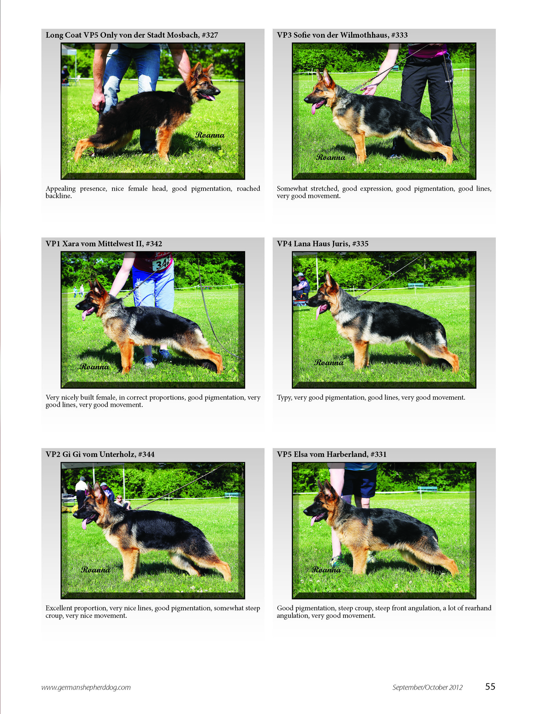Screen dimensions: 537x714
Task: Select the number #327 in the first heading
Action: (x=210, y=35)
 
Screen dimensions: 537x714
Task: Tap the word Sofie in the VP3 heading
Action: (x=302, y=35)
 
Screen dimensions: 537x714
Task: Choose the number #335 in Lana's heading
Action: (x=360, y=244)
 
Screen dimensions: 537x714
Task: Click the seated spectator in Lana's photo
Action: (x=301, y=289)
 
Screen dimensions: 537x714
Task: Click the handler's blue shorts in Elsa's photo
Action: (x=359, y=483)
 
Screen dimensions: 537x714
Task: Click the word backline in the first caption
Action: (x=58, y=196)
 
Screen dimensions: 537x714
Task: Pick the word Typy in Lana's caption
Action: (x=284, y=398)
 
